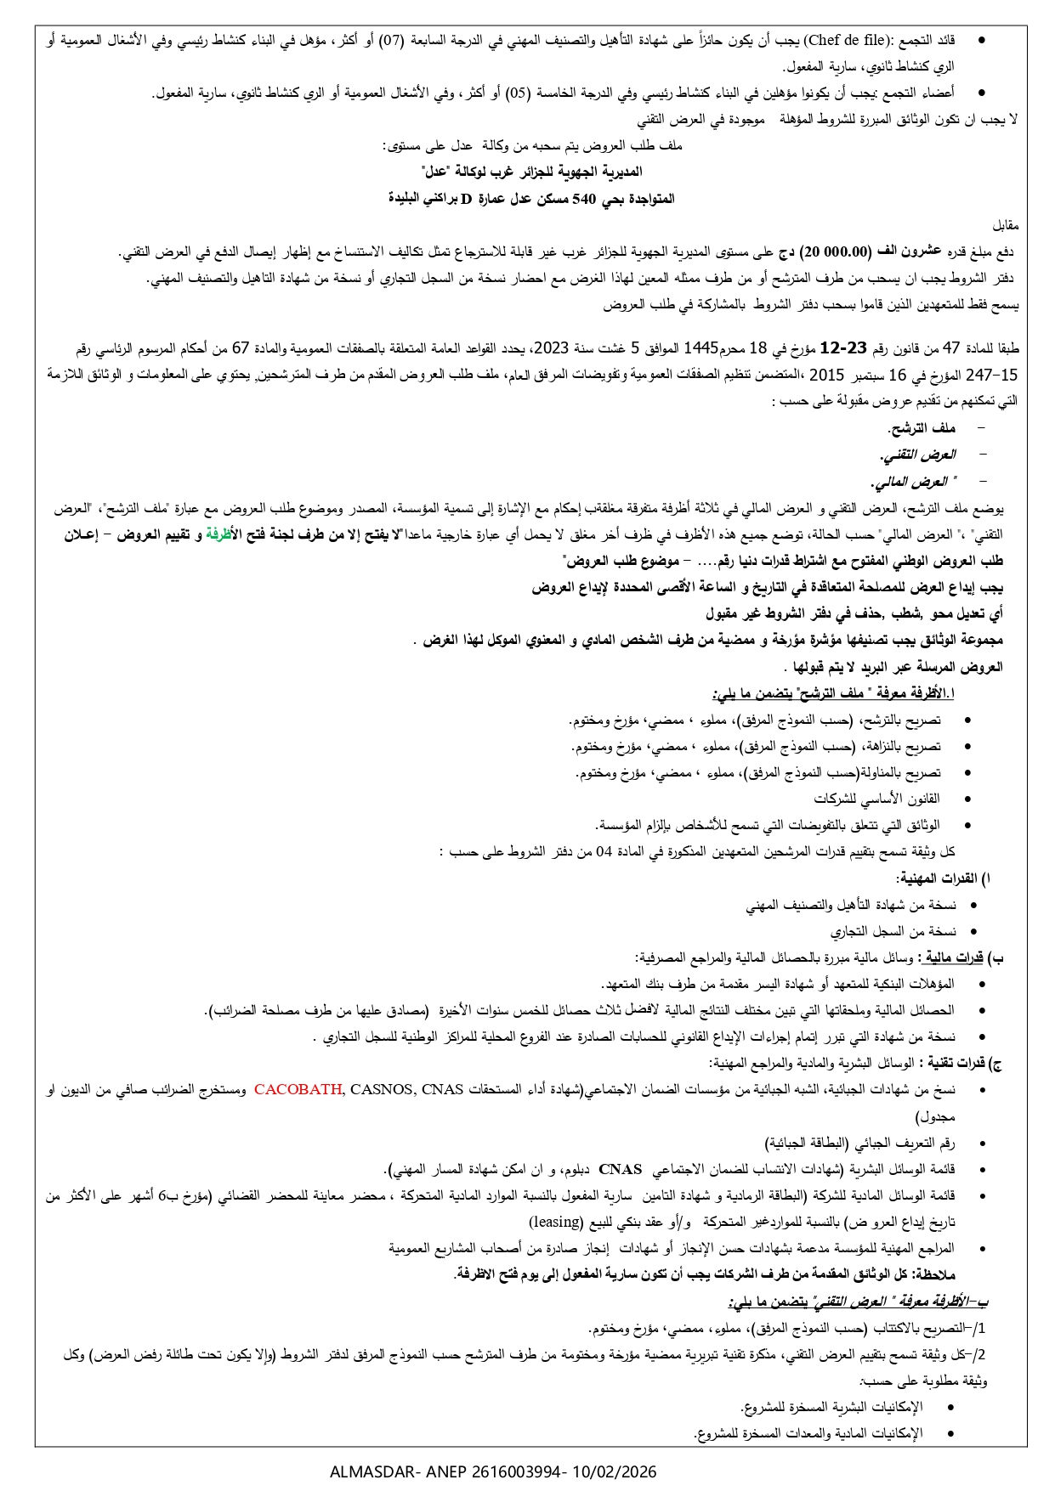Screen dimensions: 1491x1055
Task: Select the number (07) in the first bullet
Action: click(392, 40)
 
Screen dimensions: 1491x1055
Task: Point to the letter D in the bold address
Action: click(466, 199)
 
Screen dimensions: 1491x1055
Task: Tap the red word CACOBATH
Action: click(298, 1090)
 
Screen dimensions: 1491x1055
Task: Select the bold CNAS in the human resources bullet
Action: click(620, 1170)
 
